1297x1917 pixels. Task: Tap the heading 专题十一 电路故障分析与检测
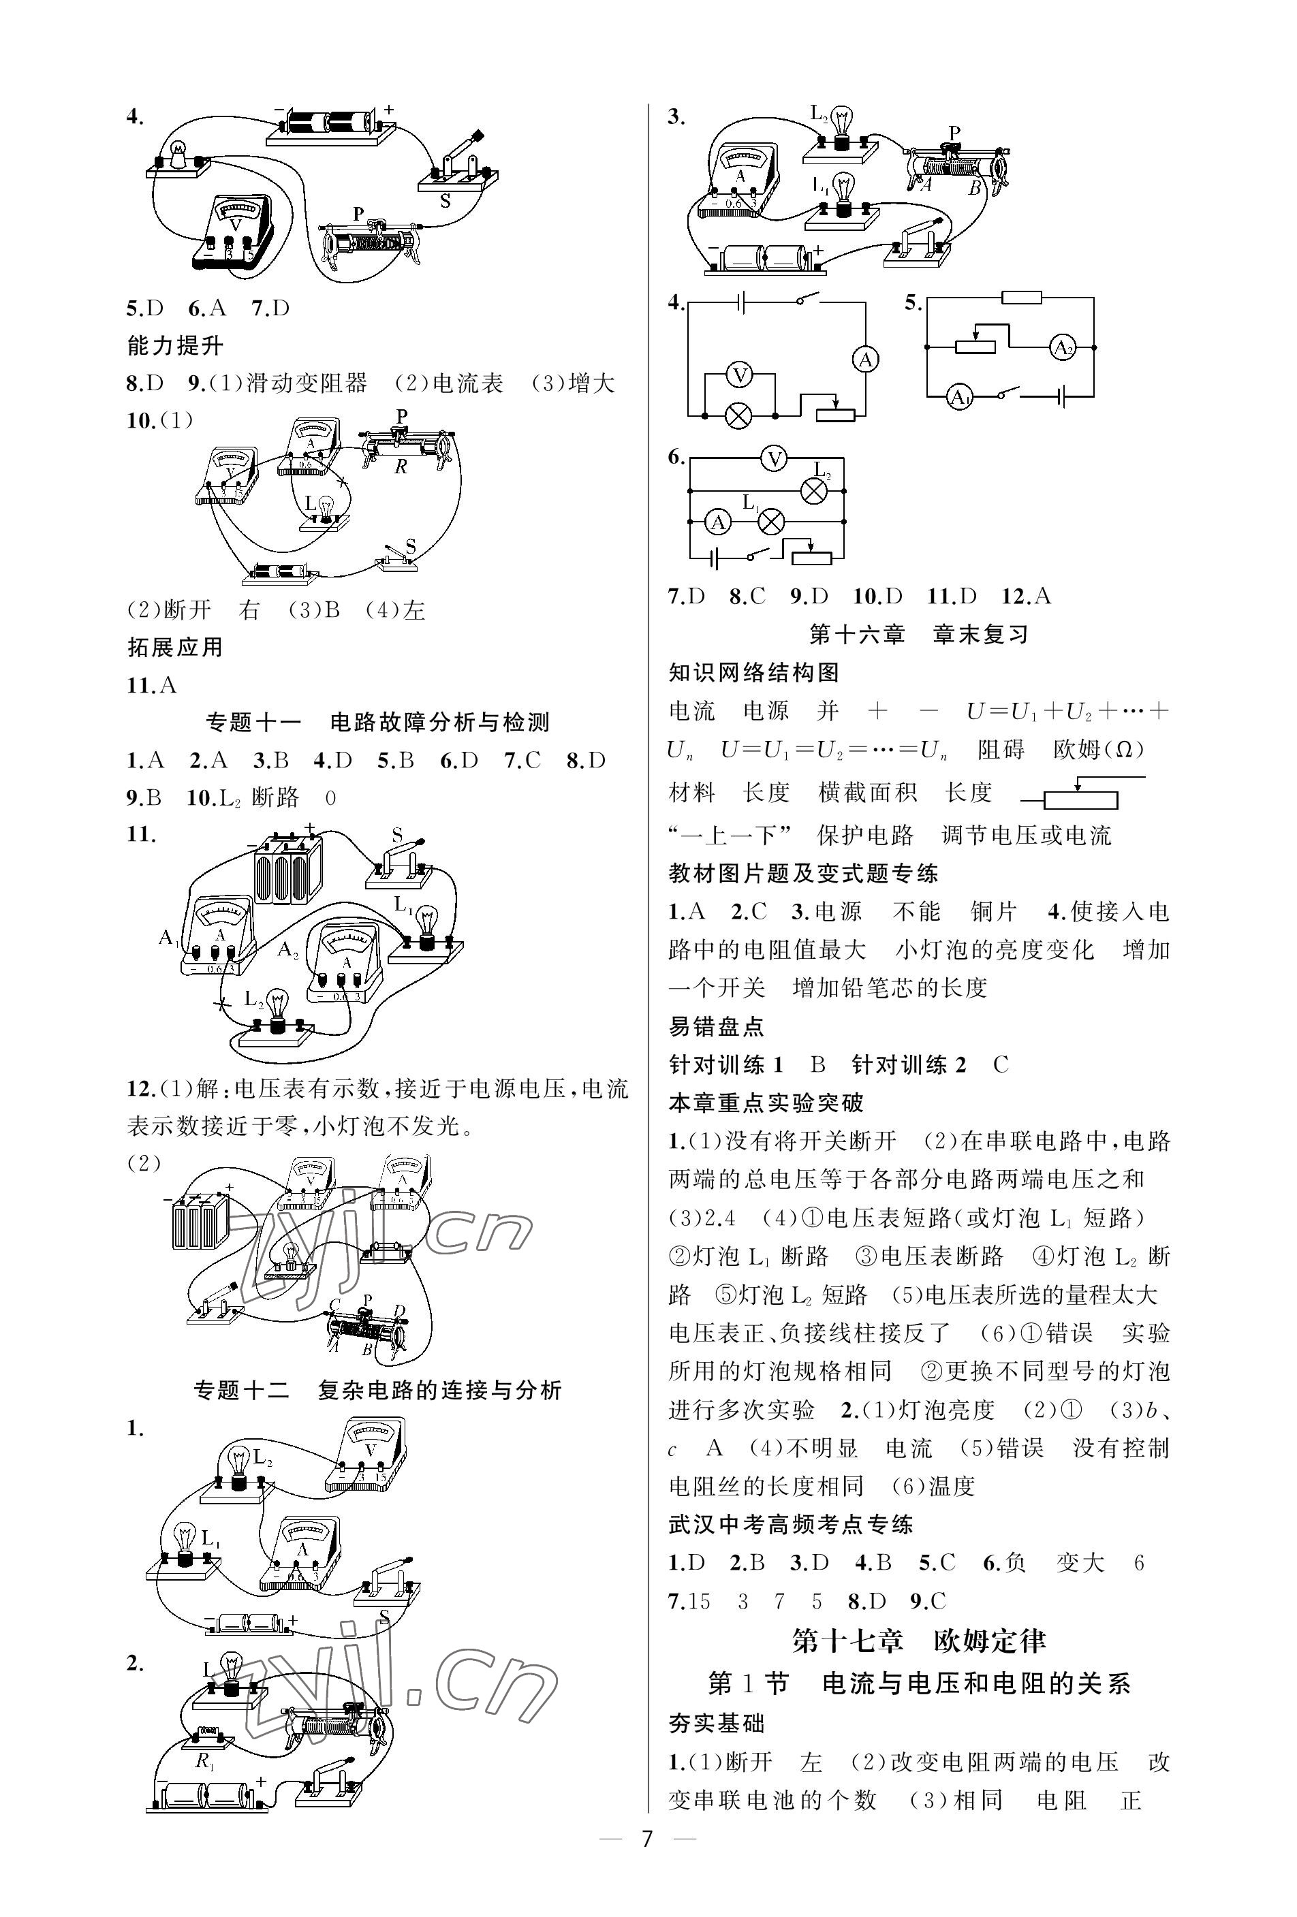377,723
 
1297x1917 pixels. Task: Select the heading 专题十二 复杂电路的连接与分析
377,1391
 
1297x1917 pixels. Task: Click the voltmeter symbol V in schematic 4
740,375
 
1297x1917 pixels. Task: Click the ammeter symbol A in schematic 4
866,360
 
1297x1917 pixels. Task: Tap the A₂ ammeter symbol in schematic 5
1062,348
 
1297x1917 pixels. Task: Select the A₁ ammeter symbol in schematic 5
958,398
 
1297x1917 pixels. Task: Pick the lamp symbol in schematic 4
738,415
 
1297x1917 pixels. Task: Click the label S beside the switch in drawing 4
446,200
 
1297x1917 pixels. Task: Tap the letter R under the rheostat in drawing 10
401,467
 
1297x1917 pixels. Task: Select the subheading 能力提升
175,346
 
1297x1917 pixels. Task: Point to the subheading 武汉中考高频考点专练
790,1524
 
